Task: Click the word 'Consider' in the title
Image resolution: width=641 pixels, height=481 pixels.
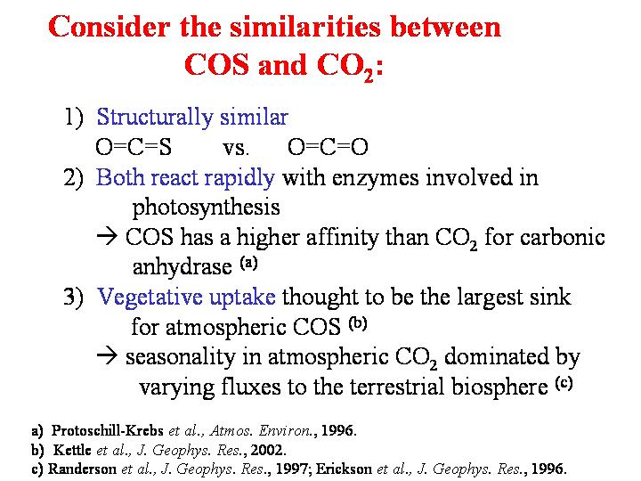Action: click(109, 27)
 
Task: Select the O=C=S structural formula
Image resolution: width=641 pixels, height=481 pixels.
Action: click(134, 147)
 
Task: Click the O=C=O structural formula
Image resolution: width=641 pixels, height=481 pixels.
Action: click(328, 147)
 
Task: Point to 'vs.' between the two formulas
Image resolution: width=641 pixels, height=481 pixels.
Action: click(235, 148)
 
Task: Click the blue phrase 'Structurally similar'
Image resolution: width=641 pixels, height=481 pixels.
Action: click(192, 117)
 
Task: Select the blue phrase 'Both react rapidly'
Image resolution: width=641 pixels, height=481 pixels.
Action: click(185, 178)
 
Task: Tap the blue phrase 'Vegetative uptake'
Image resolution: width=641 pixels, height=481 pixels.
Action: click(186, 297)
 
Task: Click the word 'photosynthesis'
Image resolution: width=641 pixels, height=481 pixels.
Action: click(206, 208)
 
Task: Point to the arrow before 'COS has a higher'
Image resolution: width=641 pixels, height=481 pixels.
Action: click(107, 236)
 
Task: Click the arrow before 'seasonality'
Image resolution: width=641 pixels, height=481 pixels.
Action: click(107, 355)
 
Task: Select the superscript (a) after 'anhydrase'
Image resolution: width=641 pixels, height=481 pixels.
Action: click(248, 263)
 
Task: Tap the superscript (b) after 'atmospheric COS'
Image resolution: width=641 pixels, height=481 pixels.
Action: click(358, 323)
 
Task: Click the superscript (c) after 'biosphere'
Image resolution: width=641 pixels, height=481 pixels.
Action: click(564, 383)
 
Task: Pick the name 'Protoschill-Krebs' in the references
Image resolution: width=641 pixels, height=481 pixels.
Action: click(107, 431)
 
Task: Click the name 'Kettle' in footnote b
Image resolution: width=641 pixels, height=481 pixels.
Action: click(72, 450)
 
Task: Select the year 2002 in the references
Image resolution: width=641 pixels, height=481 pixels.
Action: click(266, 450)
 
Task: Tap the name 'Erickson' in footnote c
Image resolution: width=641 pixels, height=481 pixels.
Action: click(344, 469)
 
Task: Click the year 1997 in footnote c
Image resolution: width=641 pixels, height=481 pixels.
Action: click(291, 469)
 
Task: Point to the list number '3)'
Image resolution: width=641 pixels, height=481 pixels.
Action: click(73, 297)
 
